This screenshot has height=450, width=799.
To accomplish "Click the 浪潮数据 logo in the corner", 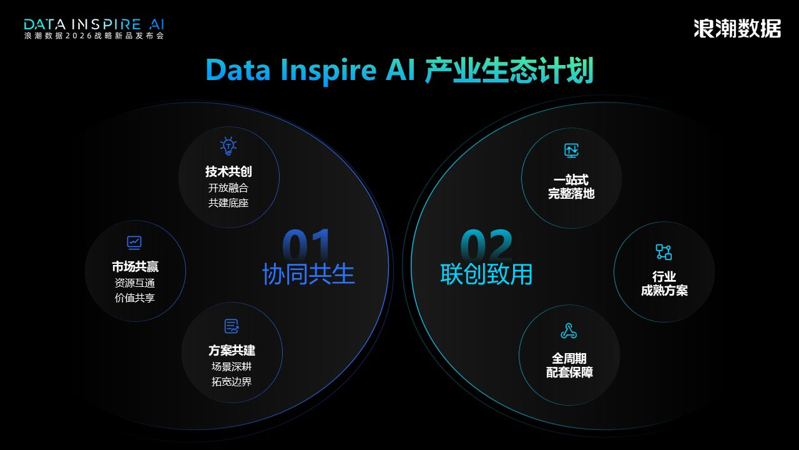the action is tap(737, 29).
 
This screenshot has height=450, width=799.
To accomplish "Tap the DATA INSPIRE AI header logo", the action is tap(94, 24).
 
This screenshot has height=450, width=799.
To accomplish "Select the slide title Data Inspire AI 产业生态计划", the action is tap(399, 70).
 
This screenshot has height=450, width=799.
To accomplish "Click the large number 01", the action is tap(306, 244).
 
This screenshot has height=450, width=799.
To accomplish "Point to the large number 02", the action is tap(486, 244).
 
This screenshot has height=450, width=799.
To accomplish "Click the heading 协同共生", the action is tap(308, 274).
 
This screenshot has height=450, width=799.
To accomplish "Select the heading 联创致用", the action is tap(486, 274).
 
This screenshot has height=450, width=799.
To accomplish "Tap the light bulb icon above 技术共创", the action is tap(228, 146).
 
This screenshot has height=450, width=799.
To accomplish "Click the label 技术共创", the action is tap(228, 172).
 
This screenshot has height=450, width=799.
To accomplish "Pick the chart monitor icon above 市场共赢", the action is tap(134, 242).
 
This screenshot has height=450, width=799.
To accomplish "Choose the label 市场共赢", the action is tap(135, 267).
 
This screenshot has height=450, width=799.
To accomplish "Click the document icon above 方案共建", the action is tap(232, 326).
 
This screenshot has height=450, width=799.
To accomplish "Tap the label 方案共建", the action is tap(232, 351).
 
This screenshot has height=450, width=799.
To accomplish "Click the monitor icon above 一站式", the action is tap(571, 151).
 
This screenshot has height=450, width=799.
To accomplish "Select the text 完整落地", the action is tap(571, 194).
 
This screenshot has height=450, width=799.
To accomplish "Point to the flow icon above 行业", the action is tap(664, 252).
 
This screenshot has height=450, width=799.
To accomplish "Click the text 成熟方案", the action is tap(664, 291).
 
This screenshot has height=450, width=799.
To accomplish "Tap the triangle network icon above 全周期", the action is tap(569, 331).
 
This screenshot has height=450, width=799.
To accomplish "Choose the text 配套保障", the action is tap(569, 372).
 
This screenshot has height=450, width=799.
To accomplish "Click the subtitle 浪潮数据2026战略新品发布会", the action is tap(94, 36).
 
